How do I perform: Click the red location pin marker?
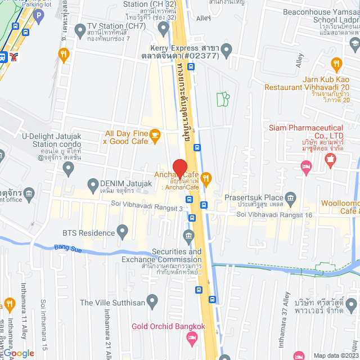(179, 168)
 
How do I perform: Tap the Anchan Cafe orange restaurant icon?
(206, 179)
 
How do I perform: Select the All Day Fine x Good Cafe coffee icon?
(156, 134)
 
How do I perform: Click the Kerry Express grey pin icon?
(226, 51)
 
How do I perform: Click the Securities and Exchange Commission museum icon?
(188, 234)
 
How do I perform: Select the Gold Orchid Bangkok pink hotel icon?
(192, 338)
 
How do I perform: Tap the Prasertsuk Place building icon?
(291, 197)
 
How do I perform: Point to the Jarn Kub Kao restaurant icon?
(337, 63)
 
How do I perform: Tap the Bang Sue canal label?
(67, 247)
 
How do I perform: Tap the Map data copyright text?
(334, 355)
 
